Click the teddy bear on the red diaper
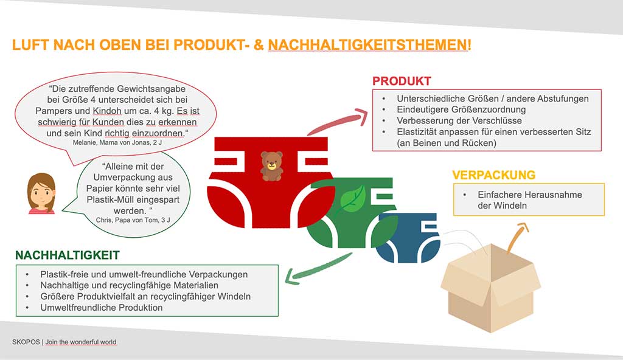coord(272,166)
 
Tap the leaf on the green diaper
coord(352,199)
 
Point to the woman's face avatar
coord(41,193)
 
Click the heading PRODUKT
coord(402,81)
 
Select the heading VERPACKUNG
coord(493,175)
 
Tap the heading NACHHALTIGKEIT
coord(67,255)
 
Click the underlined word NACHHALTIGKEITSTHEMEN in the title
coord(368,45)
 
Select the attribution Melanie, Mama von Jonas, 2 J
coord(117,142)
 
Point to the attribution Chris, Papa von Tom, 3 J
coord(133,220)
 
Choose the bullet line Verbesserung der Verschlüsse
coord(459,120)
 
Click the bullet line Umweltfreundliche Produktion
coord(102,308)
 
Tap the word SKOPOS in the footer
coord(26,342)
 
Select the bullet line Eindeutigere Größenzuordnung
coord(461,109)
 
